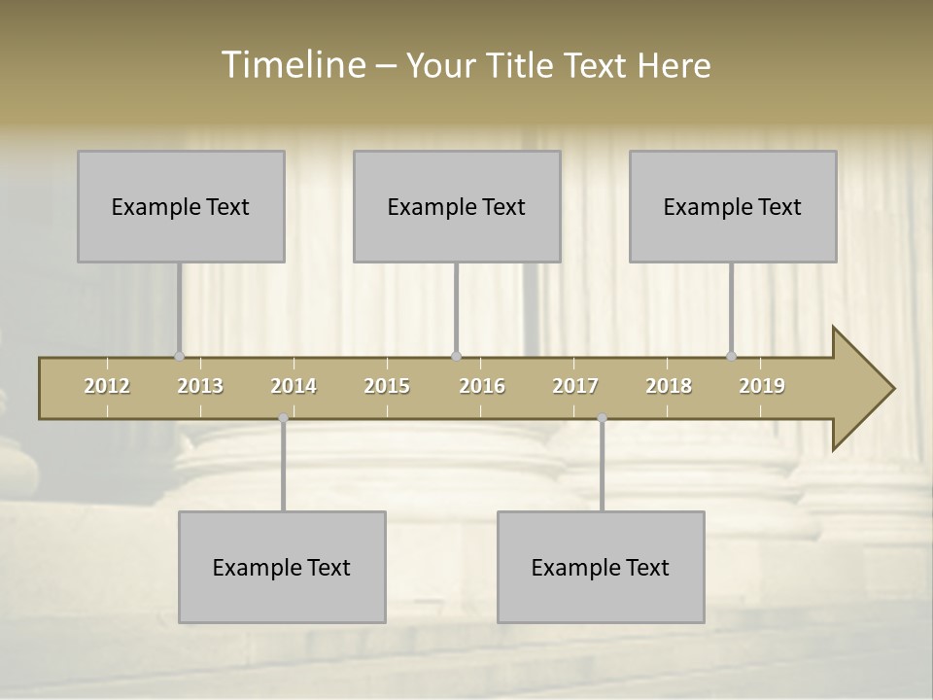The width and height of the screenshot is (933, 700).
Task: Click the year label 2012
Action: point(107,386)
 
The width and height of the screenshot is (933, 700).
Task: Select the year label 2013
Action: point(200,386)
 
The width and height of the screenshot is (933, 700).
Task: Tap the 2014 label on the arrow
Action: point(294,386)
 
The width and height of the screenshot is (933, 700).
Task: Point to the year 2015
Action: point(387,386)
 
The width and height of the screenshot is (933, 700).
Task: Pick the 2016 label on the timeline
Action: point(482,386)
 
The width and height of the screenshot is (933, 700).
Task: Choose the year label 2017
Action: point(575,386)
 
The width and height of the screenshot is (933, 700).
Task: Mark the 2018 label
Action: point(669,386)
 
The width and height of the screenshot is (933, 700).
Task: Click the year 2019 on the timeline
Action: point(762,386)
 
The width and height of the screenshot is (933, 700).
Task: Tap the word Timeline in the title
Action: point(292,65)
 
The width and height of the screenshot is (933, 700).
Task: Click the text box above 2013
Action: point(181,206)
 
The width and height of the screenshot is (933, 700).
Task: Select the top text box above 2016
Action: point(457,206)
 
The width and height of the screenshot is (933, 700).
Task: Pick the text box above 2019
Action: point(733,206)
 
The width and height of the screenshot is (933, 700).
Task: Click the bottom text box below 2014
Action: point(282,567)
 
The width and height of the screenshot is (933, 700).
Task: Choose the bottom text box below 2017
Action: point(601,567)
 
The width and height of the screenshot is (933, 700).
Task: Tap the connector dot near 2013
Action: point(179,356)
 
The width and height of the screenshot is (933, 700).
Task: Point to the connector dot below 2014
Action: point(283,418)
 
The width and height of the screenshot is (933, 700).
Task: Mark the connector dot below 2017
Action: point(602,418)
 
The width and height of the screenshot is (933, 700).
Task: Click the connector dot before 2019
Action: point(731,356)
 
